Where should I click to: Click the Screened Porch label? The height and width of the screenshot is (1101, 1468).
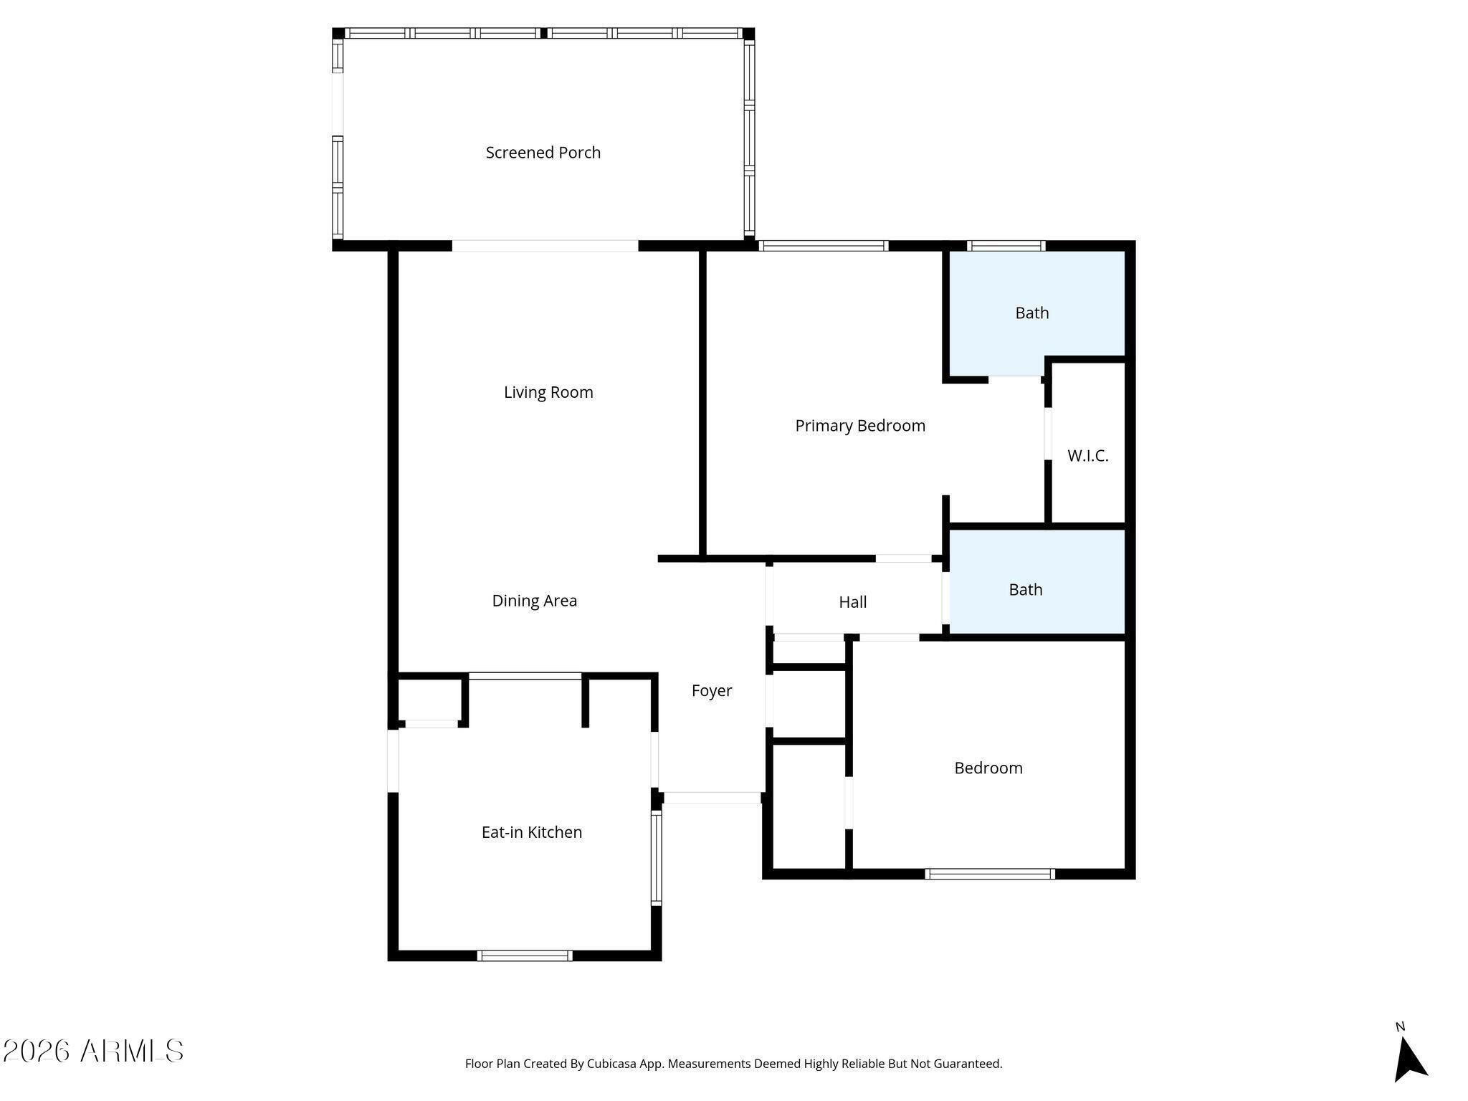pyautogui.click(x=543, y=153)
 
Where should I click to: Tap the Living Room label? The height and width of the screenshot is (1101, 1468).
pyautogui.click(x=548, y=393)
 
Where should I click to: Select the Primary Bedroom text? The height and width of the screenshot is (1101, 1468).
pyautogui.click(x=860, y=426)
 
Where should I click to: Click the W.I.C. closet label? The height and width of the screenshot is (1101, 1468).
pyautogui.click(x=1087, y=456)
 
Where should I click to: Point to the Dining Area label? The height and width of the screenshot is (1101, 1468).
pyautogui.click(x=534, y=601)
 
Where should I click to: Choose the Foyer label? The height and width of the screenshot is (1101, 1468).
pyautogui.click(x=711, y=691)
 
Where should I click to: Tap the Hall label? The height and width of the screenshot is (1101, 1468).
pyautogui.click(x=852, y=602)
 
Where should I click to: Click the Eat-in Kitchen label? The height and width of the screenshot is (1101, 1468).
pyautogui.click(x=531, y=832)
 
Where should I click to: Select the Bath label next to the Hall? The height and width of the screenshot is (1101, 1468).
pyautogui.click(x=1025, y=590)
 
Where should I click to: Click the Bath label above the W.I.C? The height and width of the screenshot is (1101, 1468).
pyautogui.click(x=1031, y=313)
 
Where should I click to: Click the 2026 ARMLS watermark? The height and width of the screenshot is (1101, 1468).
pyautogui.click(x=93, y=1051)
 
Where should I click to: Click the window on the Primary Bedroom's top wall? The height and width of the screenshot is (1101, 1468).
pyautogui.click(x=823, y=246)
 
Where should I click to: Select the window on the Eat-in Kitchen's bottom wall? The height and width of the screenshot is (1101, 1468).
pyautogui.click(x=524, y=955)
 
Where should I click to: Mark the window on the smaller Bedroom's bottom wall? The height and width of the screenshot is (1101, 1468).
pyautogui.click(x=989, y=874)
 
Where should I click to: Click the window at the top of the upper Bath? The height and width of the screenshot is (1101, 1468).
pyautogui.click(x=1006, y=246)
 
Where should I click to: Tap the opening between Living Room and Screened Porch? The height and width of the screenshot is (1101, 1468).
pyautogui.click(x=545, y=246)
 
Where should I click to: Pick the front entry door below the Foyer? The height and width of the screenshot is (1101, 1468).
pyautogui.click(x=712, y=797)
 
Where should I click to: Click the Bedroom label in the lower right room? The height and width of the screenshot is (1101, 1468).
pyautogui.click(x=988, y=768)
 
